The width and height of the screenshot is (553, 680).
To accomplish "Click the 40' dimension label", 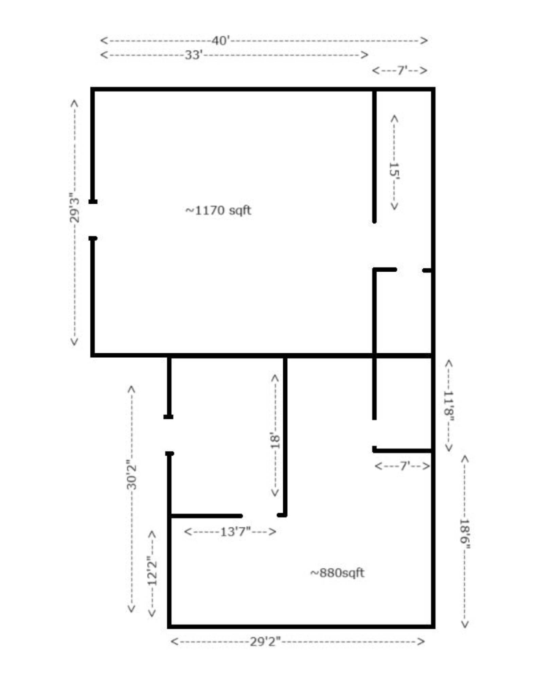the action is pyautogui.click(x=220, y=41).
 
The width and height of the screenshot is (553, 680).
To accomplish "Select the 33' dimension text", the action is pyautogui.click(x=194, y=55).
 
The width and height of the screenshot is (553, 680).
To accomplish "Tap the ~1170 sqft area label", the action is pyautogui.click(x=218, y=210).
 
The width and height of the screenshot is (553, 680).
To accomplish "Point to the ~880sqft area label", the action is pyautogui.click(x=337, y=573).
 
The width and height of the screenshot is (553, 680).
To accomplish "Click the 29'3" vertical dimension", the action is pyautogui.click(x=74, y=208).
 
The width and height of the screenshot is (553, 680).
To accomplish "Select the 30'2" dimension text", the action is pyautogui.click(x=131, y=475).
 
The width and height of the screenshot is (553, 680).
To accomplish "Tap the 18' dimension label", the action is pyautogui.click(x=275, y=440).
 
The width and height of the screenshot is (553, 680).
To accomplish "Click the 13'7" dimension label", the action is pyautogui.click(x=236, y=531).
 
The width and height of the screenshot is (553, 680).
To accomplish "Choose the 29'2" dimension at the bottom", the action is pyautogui.click(x=265, y=642).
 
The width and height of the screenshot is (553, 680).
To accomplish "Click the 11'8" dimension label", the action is pyautogui.click(x=449, y=407).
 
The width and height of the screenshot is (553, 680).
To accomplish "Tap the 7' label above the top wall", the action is pyautogui.click(x=402, y=70).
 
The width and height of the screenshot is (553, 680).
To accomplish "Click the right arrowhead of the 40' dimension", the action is pyautogui.click(x=424, y=41).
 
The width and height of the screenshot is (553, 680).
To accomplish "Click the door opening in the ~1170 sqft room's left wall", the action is pyautogui.click(x=93, y=220).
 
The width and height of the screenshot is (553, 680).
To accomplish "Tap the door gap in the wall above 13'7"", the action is pyautogui.click(x=260, y=515).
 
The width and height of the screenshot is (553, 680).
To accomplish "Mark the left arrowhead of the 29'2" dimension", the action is pyautogui.click(x=174, y=642).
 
